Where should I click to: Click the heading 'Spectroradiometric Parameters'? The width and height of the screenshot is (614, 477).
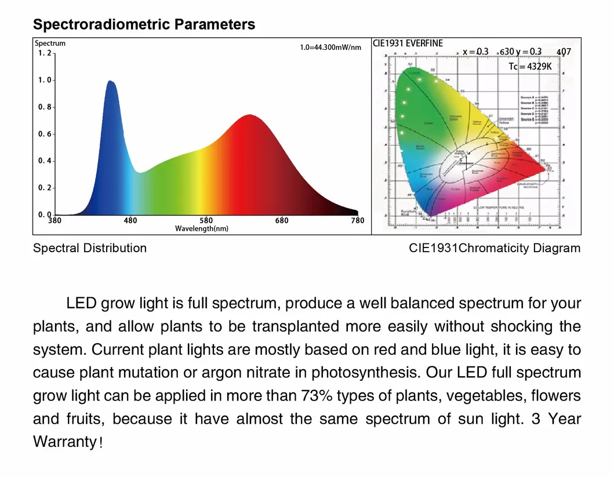[144, 24]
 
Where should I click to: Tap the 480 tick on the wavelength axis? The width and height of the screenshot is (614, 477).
[130, 220]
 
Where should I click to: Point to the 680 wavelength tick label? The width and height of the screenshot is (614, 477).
[282, 220]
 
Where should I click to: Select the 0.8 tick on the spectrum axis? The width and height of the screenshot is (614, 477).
[44, 107]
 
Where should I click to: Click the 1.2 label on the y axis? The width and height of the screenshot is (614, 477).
[44, 53]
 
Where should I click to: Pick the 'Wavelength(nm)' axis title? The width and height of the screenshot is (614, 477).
[202, 228]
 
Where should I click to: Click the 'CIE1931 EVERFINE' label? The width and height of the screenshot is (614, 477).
[408, 43]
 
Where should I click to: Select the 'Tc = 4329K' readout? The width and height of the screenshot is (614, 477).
[530, 67]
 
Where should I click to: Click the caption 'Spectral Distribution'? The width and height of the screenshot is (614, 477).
[90, 248]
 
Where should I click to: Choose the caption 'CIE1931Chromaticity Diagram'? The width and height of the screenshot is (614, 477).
[494, 248]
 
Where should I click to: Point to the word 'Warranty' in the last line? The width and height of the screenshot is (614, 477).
[64, 442]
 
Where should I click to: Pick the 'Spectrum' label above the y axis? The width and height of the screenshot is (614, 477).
[50, 43]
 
